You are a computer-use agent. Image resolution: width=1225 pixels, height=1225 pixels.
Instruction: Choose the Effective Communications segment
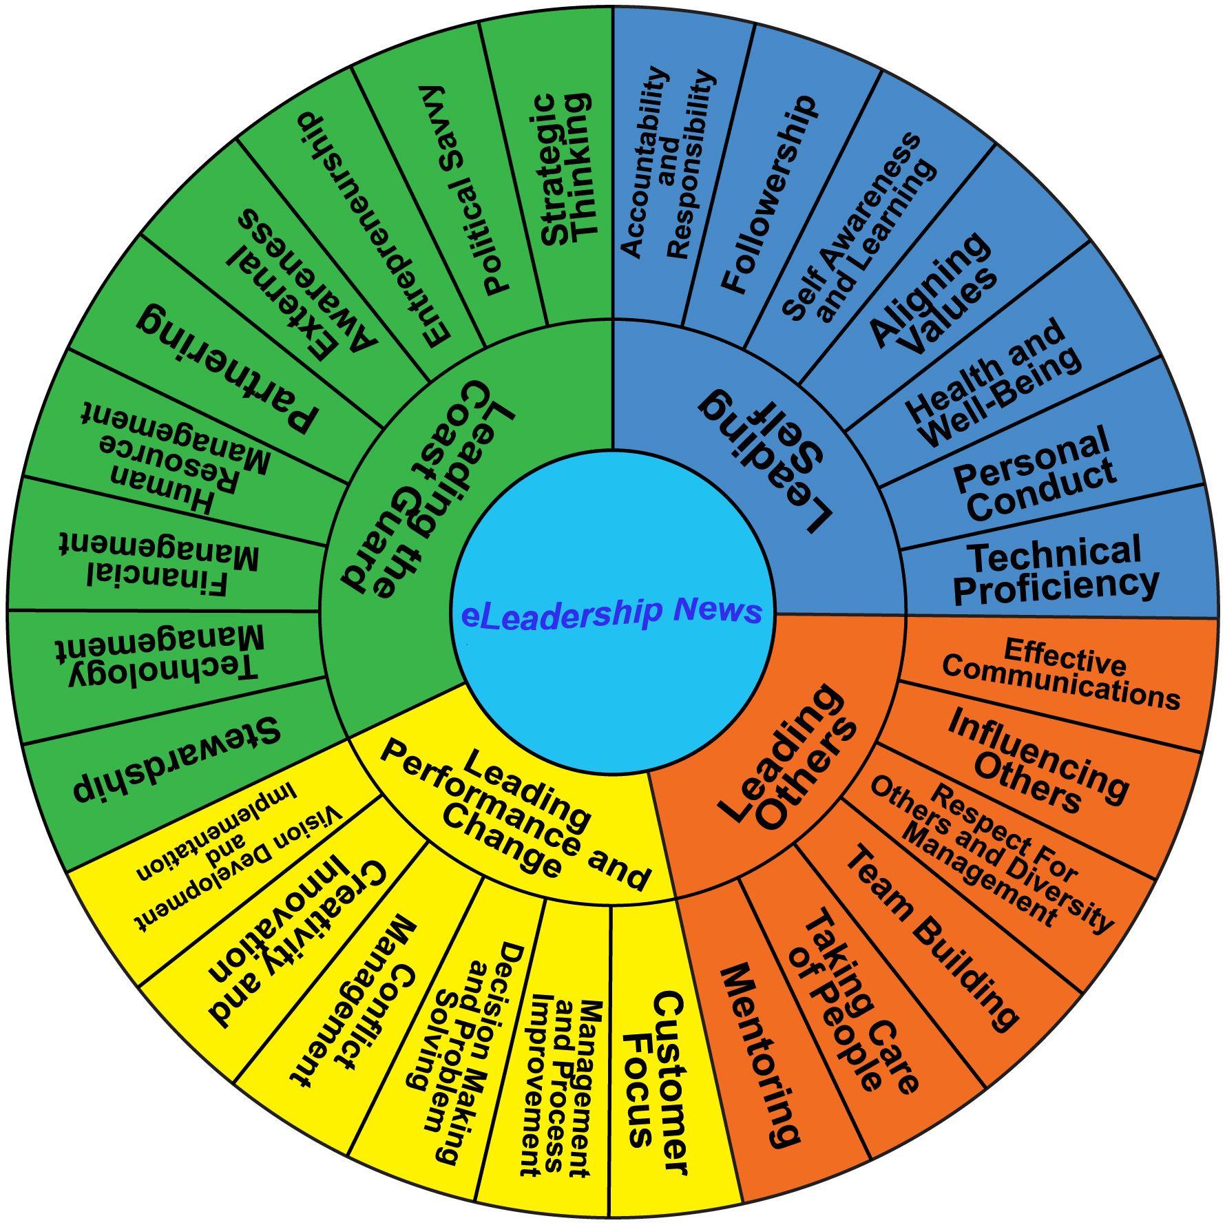[x=1060, y=674]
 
